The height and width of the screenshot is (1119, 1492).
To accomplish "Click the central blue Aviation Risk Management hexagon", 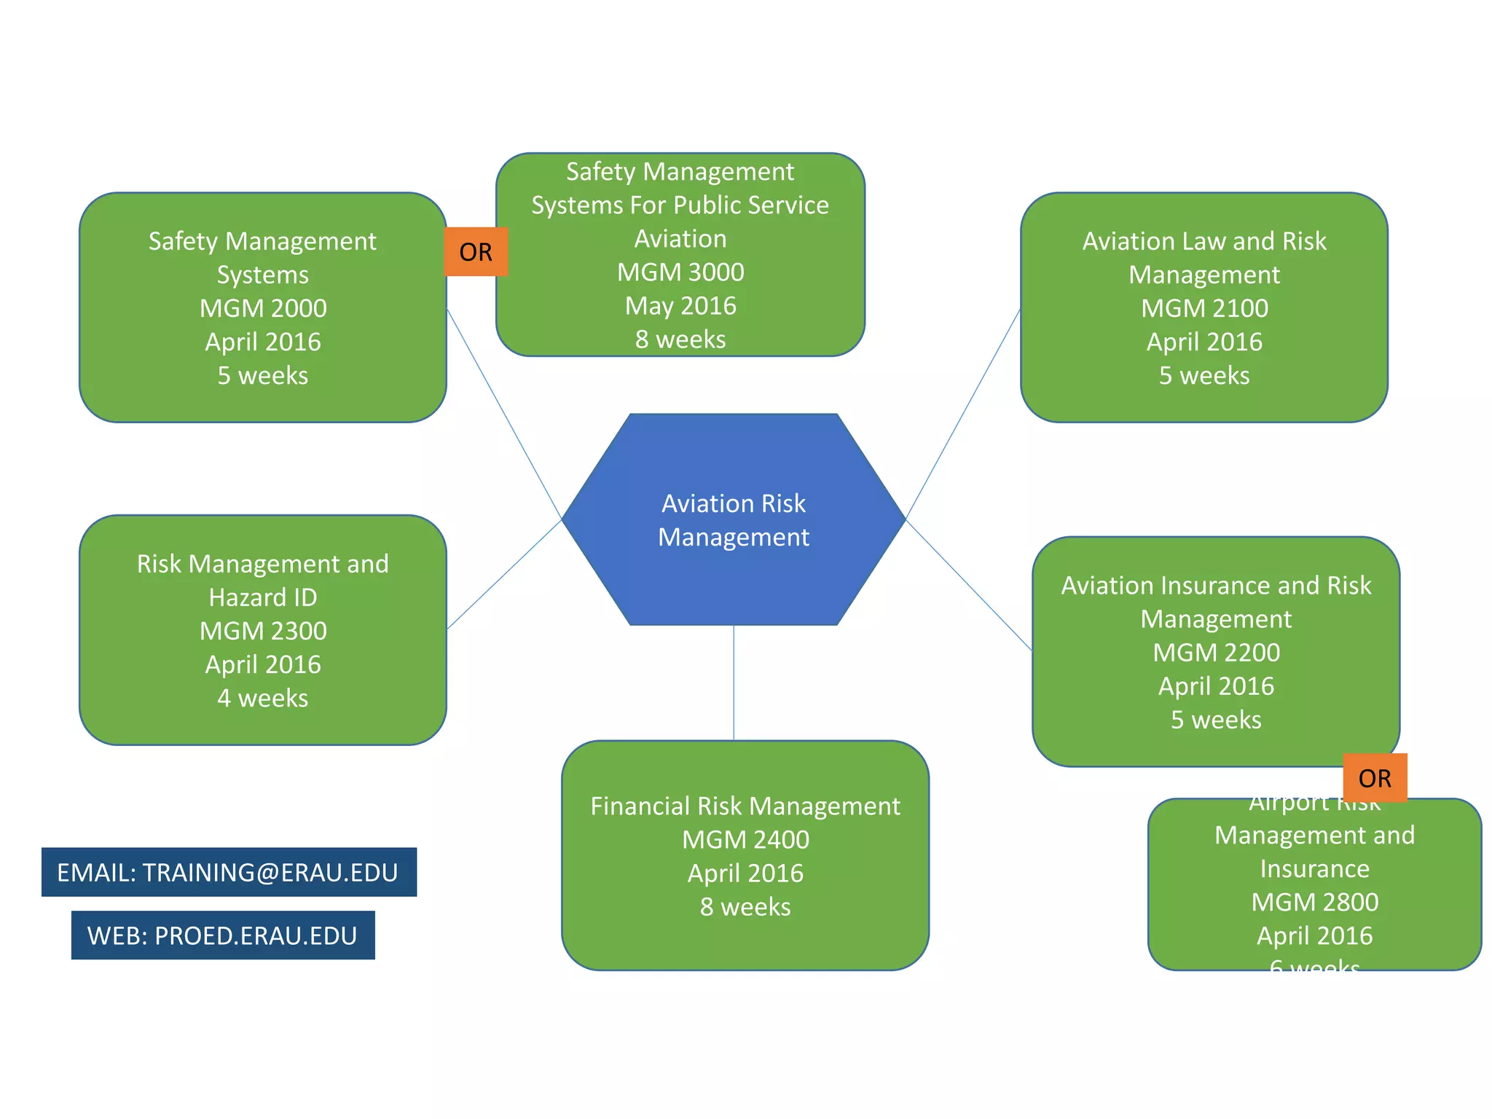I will click(733, 519).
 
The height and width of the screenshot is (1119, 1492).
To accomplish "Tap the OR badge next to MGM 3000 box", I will click(476, 252).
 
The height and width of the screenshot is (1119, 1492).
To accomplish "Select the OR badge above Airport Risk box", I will click(1375, 778).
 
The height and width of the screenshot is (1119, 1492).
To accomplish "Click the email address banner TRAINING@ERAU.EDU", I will click(229, 872).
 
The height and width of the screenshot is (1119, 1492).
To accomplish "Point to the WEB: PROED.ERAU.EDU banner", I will click(223, 935).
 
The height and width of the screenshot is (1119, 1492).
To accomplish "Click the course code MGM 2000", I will click(263, 308).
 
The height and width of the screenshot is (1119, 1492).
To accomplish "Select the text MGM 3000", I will click(680, 272).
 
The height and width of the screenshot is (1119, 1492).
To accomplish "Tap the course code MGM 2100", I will click(1204, 308).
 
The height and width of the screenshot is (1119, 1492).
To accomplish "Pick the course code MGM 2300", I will click(263, 631).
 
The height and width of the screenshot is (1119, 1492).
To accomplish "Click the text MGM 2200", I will click(1216, 652).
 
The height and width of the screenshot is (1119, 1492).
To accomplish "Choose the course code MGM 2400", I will click(745, 839).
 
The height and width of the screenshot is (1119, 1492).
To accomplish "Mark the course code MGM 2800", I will click(1314, 902).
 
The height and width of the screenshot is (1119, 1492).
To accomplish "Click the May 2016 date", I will click(680, 305).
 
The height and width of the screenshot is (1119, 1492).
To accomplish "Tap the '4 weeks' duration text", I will click(263, 698).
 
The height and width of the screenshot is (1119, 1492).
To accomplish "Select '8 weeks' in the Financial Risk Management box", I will click(745, 907).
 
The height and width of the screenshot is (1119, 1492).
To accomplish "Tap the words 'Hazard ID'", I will click(263, 597).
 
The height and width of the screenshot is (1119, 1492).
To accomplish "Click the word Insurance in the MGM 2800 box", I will click(1314, 868).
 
